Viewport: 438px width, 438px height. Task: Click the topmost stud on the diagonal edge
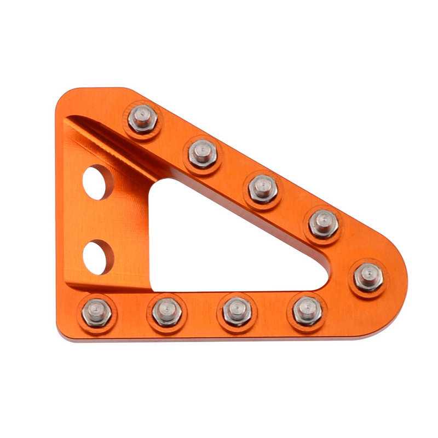pos(143,118)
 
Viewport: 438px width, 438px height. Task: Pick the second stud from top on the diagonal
pos(203,153)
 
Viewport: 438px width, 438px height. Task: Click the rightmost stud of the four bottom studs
pos(307,311)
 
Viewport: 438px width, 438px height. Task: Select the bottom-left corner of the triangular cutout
pos(153,287)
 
